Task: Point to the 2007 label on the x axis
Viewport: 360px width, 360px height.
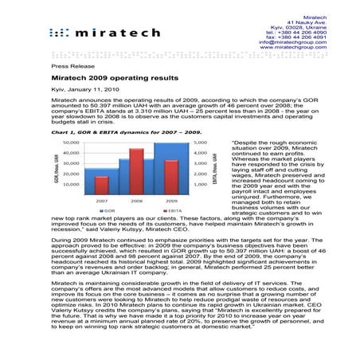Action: point(101,202)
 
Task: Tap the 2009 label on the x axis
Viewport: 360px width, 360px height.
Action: point(171,202)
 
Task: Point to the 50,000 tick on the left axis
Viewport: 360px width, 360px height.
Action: point(72,143)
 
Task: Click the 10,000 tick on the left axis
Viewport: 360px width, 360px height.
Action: point(72,183)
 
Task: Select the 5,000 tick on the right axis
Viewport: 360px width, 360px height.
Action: point(200,143)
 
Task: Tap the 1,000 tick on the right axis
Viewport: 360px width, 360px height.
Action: point(200,183)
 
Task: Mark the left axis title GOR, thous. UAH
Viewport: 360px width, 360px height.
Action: point(57,168)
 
